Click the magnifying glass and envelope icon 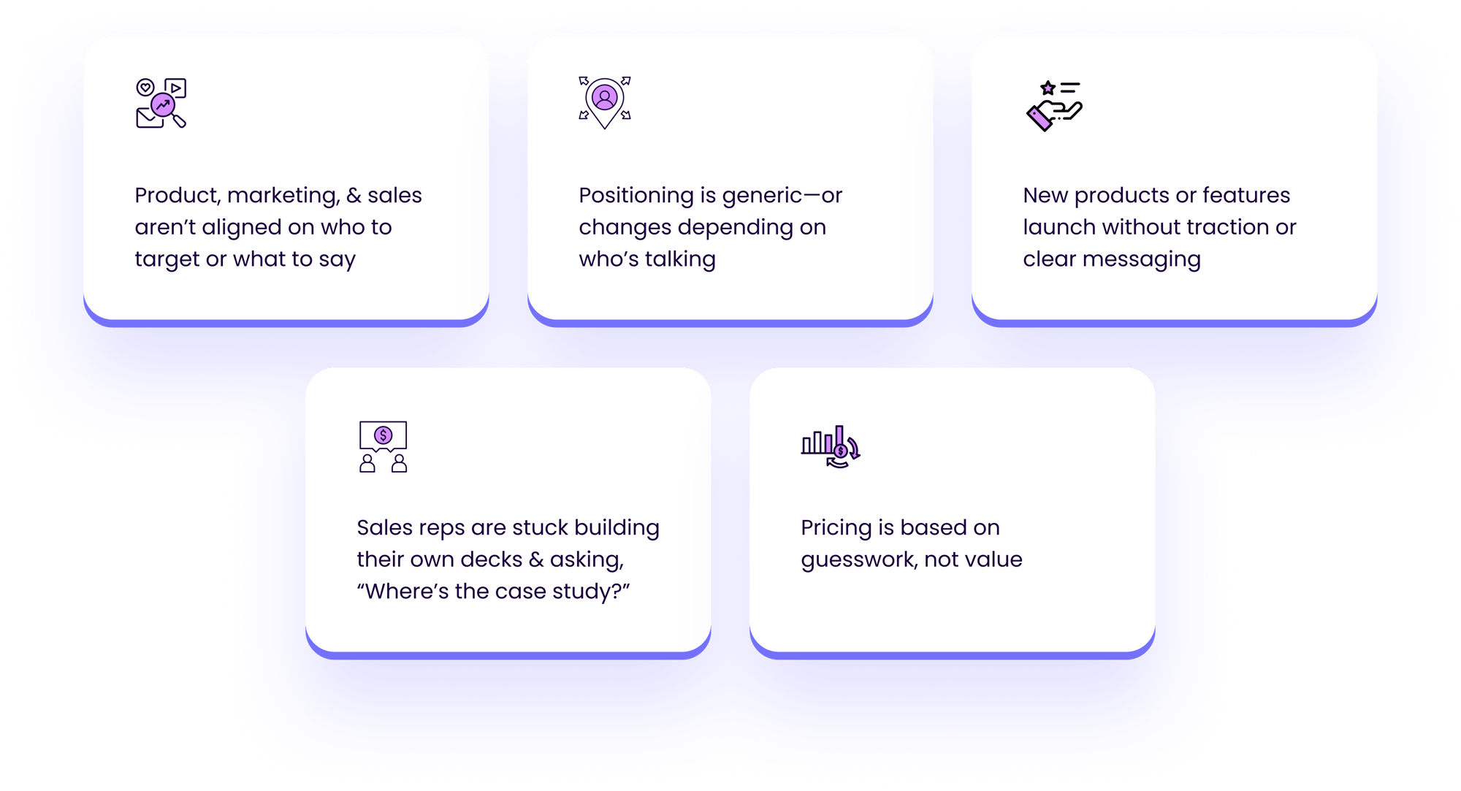coord(161,103)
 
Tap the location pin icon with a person coord(605,102)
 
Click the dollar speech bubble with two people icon coord(383,446)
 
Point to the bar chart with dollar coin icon coord(831,446)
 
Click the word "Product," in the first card coord(178,196)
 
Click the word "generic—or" coord(782,196)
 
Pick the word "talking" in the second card coord(679,259)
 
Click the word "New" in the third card coord(1045,196)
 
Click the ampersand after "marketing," coord(354,196)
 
